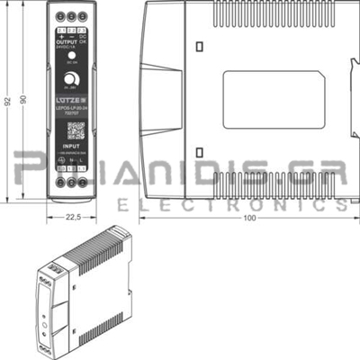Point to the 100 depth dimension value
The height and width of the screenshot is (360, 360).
click(249, 217)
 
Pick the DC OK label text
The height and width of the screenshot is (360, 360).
click(84, 39)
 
